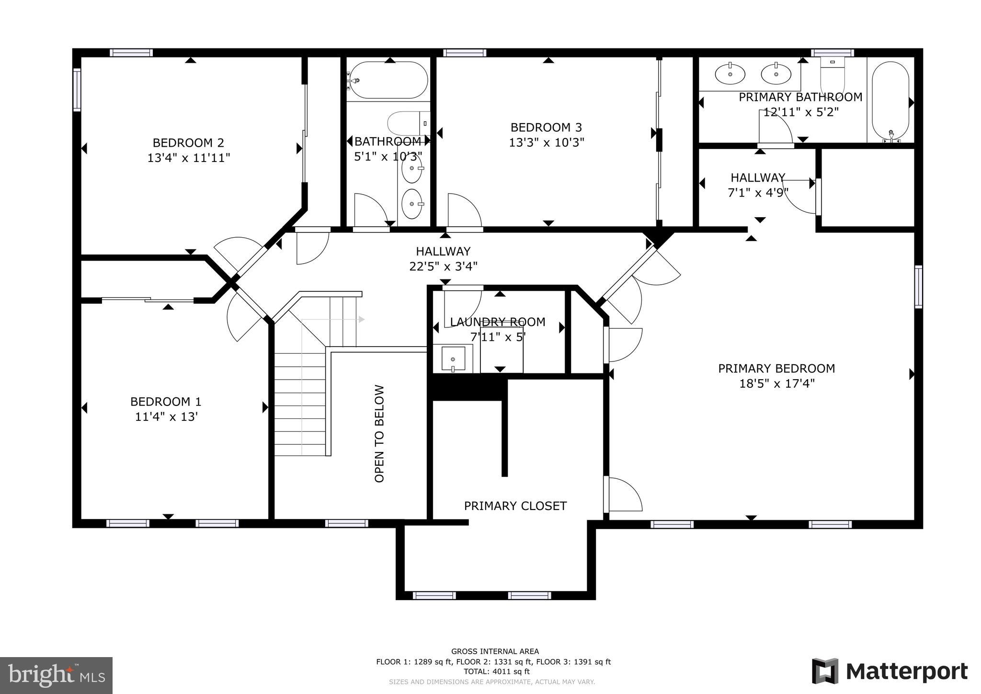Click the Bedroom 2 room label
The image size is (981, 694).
188,143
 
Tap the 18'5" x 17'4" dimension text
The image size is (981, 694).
776,383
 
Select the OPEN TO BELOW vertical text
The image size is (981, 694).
379,433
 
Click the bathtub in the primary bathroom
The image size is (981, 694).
890,102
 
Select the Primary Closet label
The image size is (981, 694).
515,506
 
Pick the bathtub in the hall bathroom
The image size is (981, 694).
388,80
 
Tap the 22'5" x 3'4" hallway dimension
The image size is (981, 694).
443,266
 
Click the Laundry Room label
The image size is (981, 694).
497,322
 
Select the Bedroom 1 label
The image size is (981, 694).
166,402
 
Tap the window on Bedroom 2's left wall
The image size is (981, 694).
77,90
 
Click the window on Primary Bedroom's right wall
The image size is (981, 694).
918,287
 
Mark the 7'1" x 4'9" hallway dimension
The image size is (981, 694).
757,193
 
